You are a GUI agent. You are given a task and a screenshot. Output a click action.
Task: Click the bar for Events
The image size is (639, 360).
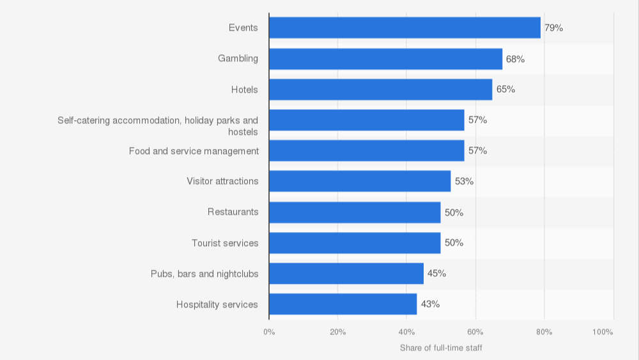click(404, 27)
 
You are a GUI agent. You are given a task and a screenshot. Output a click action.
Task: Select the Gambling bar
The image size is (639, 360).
click(385, 59)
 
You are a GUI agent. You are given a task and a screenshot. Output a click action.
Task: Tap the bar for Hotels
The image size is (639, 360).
click(380, 90)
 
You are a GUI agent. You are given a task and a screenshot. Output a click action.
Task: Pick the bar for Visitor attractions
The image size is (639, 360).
click(360, 182)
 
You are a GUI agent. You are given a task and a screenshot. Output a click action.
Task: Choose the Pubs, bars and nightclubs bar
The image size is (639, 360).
click(346, 274)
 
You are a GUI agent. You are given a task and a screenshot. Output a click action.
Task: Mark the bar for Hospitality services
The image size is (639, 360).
click(343, 304)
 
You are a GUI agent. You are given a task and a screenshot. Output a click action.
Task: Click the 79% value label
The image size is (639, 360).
click(553, 28)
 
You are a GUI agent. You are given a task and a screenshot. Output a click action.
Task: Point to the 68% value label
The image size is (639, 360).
click(515, 59)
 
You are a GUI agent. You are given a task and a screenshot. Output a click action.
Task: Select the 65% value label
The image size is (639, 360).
click(505, 90)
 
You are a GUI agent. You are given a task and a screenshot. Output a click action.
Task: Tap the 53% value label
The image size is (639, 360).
click(464, 182)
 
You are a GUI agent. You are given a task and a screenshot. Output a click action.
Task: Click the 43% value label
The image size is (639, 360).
click(430, 304)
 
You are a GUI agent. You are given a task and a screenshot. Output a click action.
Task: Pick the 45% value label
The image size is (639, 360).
click(436, 274)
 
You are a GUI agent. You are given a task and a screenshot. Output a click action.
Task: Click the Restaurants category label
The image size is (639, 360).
click(233, 212)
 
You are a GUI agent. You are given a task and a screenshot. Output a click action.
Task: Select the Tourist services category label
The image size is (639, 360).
click(225, 243)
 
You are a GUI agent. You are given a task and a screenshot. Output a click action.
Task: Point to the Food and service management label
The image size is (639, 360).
click(194, 151)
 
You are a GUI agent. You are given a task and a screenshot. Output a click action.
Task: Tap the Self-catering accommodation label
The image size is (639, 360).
click(158, 125)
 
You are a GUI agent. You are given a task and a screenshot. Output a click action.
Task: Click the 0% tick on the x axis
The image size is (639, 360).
click(269, 332)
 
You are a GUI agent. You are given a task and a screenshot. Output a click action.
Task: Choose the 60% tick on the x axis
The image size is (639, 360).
click(475, 332)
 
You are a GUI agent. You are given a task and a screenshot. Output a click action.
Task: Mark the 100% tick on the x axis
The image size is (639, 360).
click(603, 332)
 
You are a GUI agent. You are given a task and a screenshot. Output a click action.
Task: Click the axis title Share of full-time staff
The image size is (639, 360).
click(441, 348)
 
